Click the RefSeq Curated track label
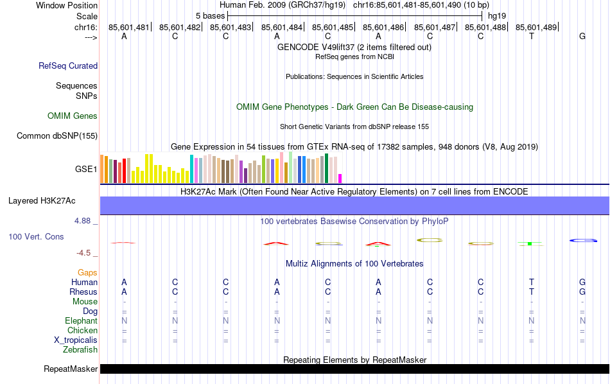(68, 65)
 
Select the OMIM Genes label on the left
(73, 116)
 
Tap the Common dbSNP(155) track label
(57, 135)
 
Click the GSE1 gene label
(86, 170)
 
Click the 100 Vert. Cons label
(36, 237)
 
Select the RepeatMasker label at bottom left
(71, 369)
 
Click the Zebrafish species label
(80, 350)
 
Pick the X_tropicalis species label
(76, 340)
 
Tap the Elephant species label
(81, 321)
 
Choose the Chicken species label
(82, 331)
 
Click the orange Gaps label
(87, 273)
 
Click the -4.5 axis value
(86, 253)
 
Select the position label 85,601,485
(333, 28)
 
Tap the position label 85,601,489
(536, 28)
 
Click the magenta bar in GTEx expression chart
(340, 179)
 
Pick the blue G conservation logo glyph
(583, 240)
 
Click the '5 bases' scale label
(210, 15)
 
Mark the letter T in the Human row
(532, 283)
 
